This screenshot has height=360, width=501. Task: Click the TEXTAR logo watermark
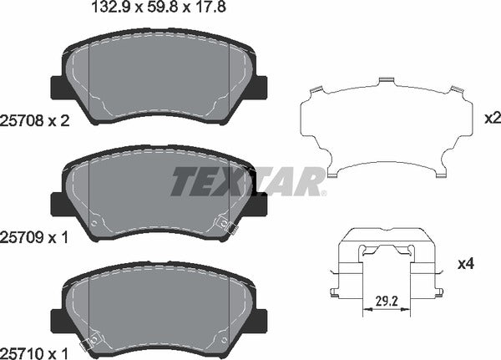[248, 181]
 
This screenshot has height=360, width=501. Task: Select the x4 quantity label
[466, 265]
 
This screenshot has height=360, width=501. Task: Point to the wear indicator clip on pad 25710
[85, 343]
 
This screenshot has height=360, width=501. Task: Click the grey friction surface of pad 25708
[159, 84]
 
